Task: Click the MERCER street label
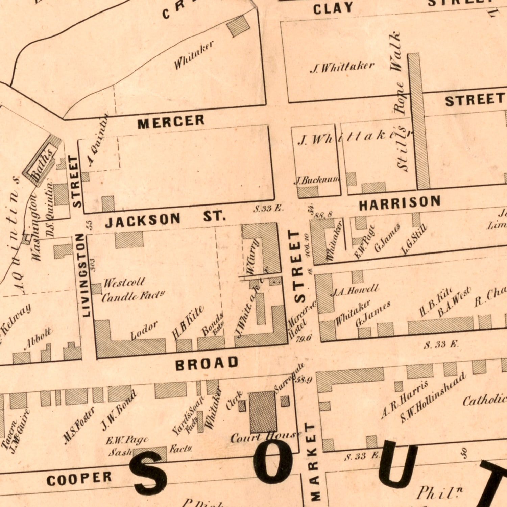pyautogui.click(x=171, y=122)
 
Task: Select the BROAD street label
pyautogui.click(x=207, y=363)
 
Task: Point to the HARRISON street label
pyautogui.click(x=400, y=203)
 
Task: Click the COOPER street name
pyautogui.click(x=79, y=479)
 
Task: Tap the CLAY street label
pyautogui.click(x=333, y=8)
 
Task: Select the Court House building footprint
pyautogui.click(x=263, y=411)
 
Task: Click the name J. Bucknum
pyautogui.click(x=317, y=180)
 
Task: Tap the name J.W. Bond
pyautogui.click(x=119, y=410)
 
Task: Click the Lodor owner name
pyautogui.click(x=144, y=330)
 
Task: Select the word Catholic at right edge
pyautogui.click(x=485, y=400)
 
